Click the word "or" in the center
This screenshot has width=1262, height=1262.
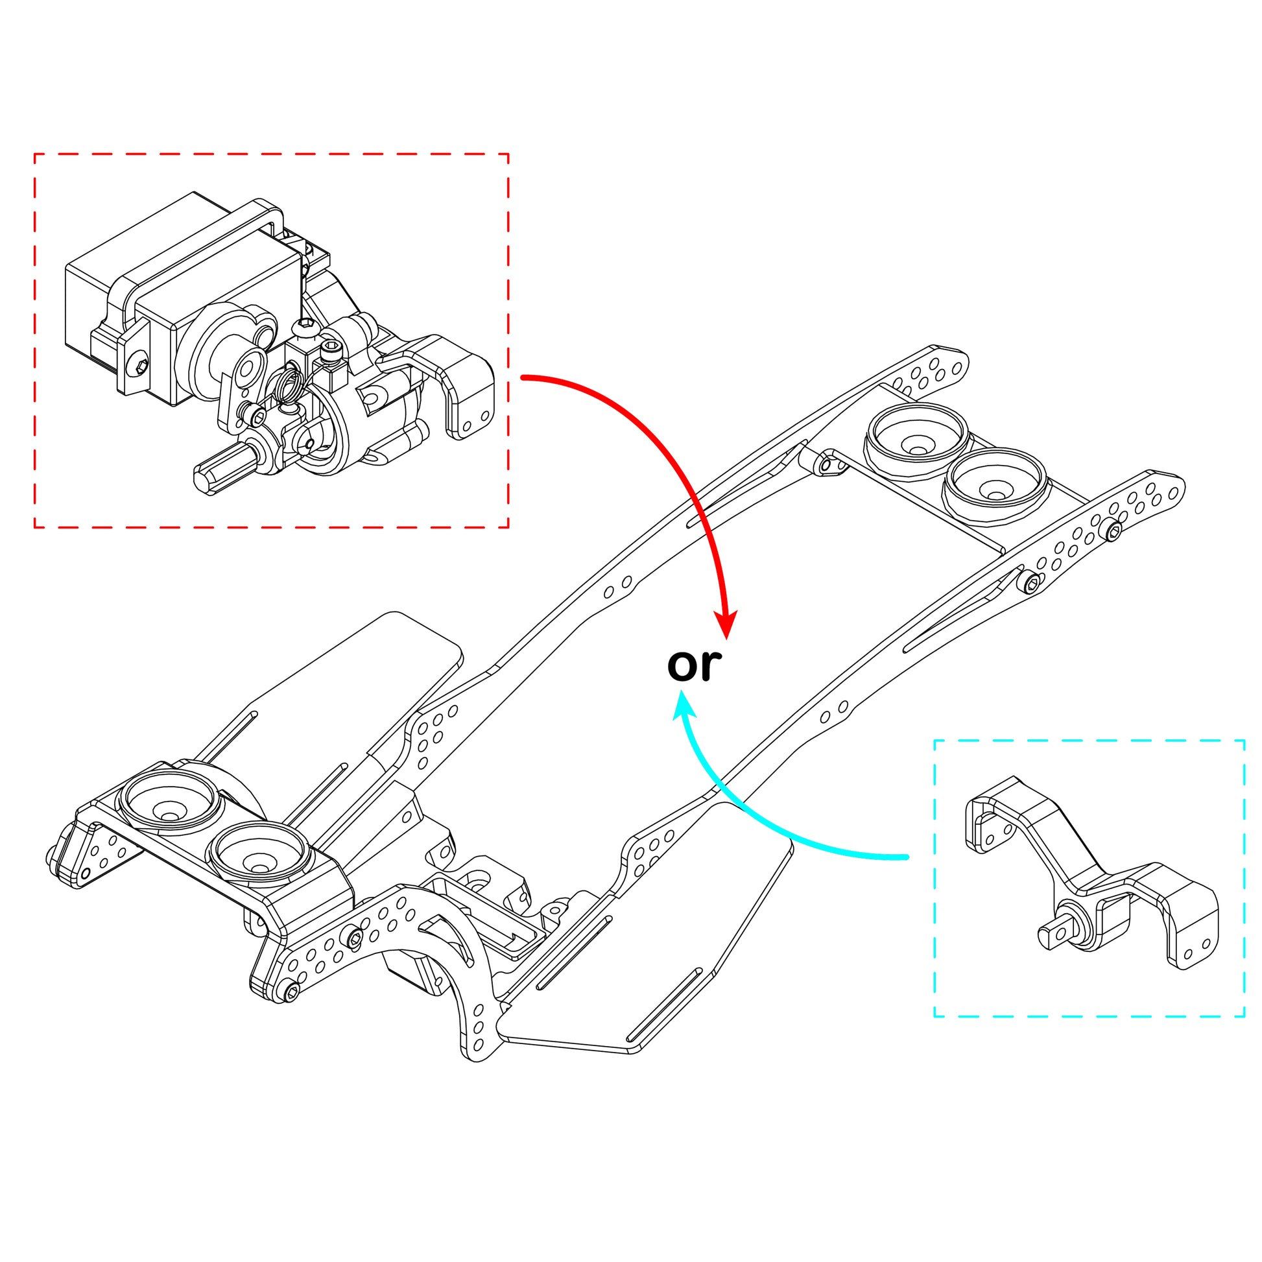(x=694, y=665)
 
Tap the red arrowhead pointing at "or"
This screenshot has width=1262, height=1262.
(x=726, y=624)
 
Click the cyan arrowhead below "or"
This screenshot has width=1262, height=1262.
(x=684, y=707)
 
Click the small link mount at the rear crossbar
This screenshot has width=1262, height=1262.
(x=827, y=464)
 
